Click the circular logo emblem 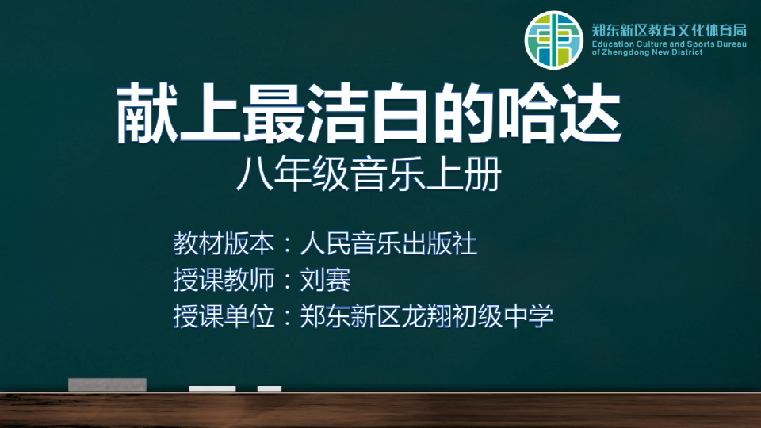coord(553,40)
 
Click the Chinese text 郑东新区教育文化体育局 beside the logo coord(669,30)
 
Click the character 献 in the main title coord(147,114)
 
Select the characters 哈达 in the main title coord(560,114)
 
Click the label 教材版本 coord(224,243)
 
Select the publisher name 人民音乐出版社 coord(388,243)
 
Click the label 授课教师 coord(224,280)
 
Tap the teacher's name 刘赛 coord(325,280)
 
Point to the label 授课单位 coord(224,316)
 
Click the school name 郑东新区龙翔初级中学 coord(426,316)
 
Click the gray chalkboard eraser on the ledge coord(107,384)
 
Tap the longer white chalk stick coord(212,388)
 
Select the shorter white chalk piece coord(270,388)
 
